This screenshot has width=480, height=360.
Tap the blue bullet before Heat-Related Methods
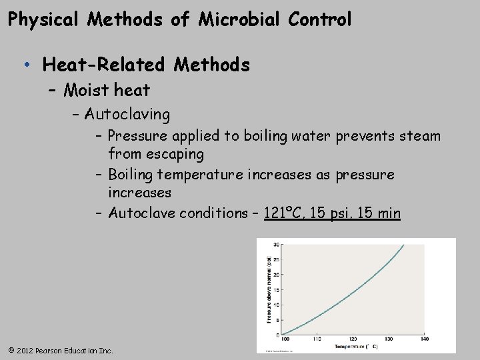click(26, 65)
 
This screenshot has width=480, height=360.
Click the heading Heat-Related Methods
click(146, 65)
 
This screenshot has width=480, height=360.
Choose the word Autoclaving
click(127, 115)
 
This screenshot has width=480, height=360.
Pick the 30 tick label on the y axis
click(276, 245)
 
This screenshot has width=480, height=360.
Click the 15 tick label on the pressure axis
click(276, 289)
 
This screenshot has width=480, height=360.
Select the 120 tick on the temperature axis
click(351, 339)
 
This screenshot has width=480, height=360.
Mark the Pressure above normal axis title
click(269, 290)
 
